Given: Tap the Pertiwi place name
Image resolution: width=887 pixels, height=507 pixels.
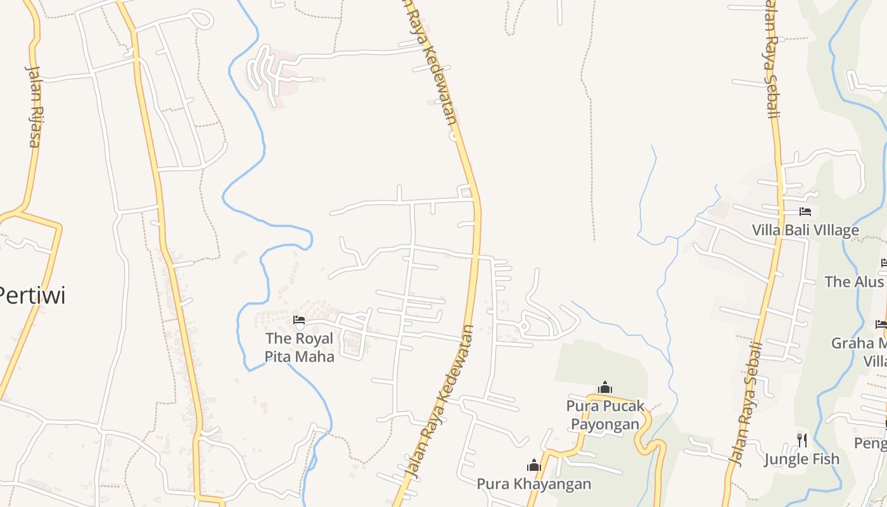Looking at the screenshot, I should click(32, 295).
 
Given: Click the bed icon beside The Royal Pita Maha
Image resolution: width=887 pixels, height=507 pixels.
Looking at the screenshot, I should click(299, 321).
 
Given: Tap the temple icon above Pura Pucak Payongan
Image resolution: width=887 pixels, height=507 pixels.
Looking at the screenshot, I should click(605, 387).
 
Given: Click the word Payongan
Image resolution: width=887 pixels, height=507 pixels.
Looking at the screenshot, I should click(605, 424).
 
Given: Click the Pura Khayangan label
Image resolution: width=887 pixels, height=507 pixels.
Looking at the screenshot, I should click(533, 484).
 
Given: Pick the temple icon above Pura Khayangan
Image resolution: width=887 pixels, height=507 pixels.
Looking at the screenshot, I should click(534, 466).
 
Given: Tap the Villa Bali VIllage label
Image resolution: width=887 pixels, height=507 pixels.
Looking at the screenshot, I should click(805, 230).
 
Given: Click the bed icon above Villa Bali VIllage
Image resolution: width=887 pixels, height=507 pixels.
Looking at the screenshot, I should click(805, 212).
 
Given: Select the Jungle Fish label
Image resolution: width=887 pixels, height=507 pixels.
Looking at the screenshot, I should click(801, 459).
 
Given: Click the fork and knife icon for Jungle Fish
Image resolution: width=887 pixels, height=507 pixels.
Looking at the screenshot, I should click(802, 440).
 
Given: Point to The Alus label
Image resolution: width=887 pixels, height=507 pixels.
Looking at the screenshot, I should click(854, 281).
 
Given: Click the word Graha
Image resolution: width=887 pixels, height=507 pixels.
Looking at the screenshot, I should click(851, 343).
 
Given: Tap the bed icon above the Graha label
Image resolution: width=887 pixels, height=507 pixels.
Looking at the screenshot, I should click(881, 324).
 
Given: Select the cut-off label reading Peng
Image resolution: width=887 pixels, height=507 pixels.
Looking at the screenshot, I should click(871, 443).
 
